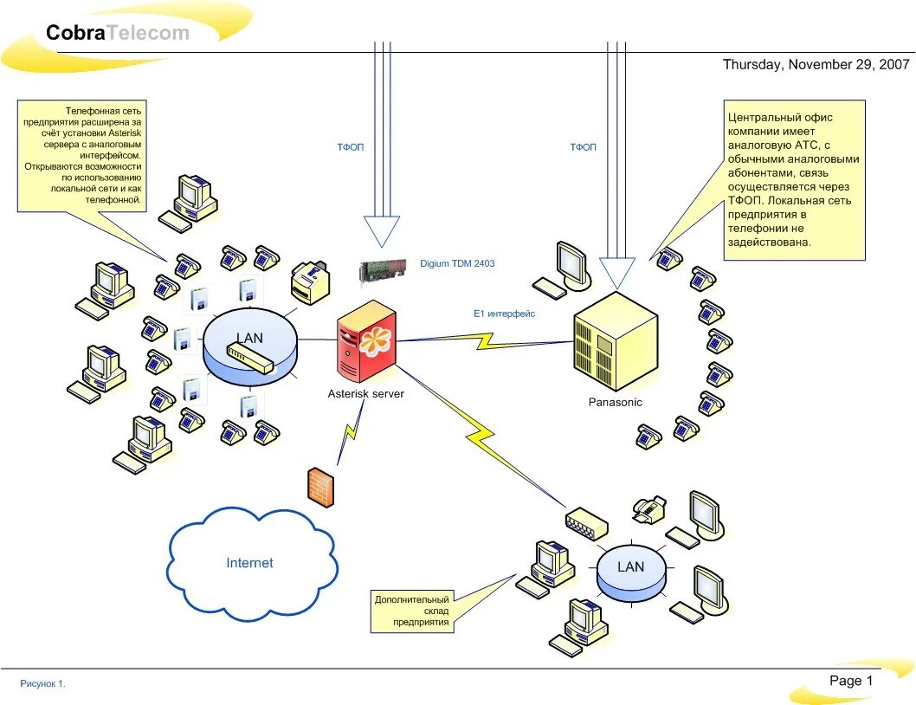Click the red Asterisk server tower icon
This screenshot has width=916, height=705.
click(366, 341)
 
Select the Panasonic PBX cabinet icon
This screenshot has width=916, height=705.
click(616, 341)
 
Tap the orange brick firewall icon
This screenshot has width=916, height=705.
click(321, 487)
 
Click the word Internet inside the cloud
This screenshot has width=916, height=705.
click(249, 562)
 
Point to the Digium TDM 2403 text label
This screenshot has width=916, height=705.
click(457, 263)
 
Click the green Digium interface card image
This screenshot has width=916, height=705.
click(384, 271)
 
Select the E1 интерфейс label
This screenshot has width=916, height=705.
click(504, 314)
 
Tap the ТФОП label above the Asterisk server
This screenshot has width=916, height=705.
click(350, 147)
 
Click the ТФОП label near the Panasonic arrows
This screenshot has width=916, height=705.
click(583, 147)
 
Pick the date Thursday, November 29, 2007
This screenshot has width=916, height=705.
click(816, 64)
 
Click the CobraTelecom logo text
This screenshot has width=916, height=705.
click(118, 32)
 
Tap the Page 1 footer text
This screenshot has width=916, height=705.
click(851, 681)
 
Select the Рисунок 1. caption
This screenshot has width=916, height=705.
click(42, 683)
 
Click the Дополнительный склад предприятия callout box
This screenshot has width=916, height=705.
click(412, 611)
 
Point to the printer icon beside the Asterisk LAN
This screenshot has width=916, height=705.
click(310, 282)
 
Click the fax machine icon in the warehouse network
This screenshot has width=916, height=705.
click(649, 510)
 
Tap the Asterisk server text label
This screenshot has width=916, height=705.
click(365, 394)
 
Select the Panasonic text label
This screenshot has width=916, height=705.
click(616, 402)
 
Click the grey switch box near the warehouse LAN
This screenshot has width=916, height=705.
click(586, 522)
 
